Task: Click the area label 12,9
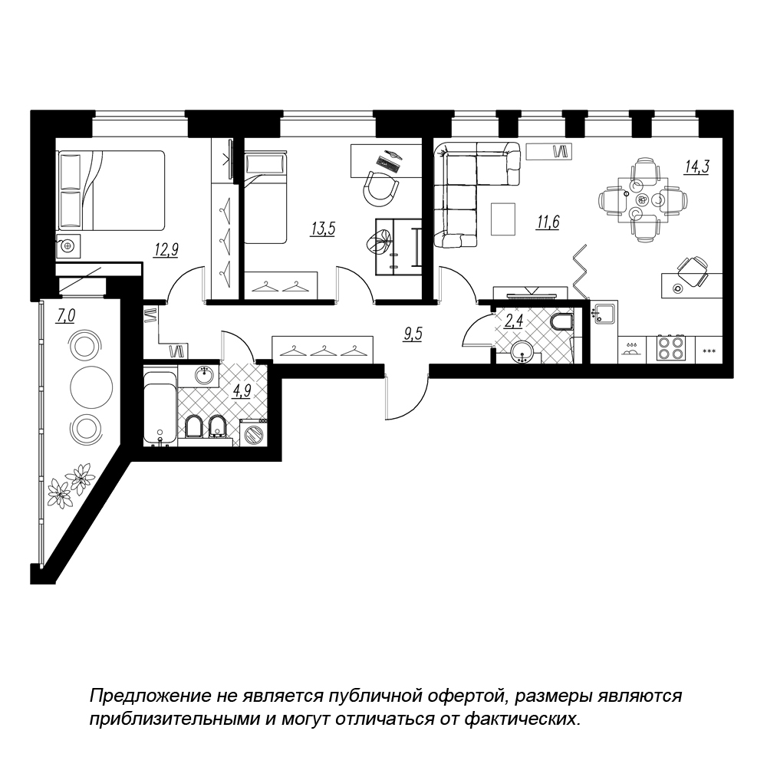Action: click(x=166, y=250)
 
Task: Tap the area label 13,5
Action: click(x=322, y=229)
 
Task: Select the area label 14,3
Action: click(x=696, y=166)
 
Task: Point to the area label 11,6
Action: click(x=548, y=222)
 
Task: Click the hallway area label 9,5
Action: click(x=413, y=334)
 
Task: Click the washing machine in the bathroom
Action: click(x=253, y=433)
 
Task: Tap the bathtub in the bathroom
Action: click(x=160, y=409)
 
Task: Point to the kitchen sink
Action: click(x=604, y=314)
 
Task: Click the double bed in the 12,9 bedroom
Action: click(x=111, y=190)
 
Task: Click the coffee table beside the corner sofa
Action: click(x=503, y=219)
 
